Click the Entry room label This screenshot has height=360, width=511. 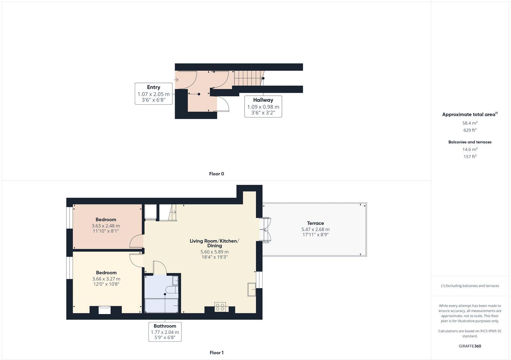[x=154, y=87]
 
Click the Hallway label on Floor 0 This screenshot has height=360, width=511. [x=263, y=100]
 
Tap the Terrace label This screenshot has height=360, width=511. [x=316, y=223]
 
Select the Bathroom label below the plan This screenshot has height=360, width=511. [x=165, y=326]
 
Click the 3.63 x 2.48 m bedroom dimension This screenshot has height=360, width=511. [x=106, y=226]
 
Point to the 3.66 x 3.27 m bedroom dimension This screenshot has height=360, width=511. [x=106, y=279]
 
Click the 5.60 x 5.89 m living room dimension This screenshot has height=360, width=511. [x=214, y=252]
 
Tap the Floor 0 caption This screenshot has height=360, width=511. [x=217, y=174]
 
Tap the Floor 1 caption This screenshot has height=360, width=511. [x=217, y=353]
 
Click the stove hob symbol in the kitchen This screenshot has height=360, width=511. [x=220, y=307]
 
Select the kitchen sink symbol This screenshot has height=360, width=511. [x=252, y=289]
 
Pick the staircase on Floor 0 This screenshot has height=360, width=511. [x=247, y=78]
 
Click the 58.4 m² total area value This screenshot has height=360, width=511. [x=470, y=123]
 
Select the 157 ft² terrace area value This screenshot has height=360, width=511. [x=470, y=156]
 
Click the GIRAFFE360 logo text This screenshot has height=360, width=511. [x=470, y=346]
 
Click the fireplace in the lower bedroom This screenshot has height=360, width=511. [x=105, y=310]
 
